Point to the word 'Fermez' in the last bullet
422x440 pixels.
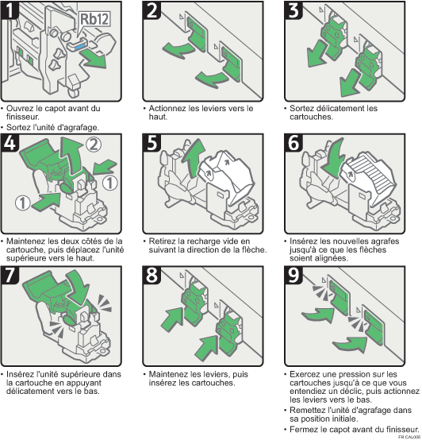304,429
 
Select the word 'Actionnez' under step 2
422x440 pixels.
167,109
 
